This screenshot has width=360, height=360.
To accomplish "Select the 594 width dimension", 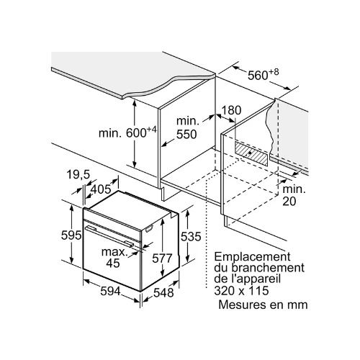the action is click(110, 292).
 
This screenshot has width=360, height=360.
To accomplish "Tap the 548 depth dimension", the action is click(163, 293).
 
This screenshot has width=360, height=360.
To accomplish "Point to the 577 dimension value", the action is click(162, 258).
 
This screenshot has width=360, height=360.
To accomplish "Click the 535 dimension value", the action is click(191, 237).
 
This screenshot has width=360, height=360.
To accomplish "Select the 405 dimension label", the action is click(102, 189).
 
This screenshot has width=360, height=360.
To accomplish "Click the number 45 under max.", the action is click(113, 263).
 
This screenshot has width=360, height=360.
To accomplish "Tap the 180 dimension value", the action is click(231, 110).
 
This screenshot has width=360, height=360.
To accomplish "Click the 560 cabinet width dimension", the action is click(258, 76).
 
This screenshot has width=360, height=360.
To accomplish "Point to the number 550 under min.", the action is click(186, 135).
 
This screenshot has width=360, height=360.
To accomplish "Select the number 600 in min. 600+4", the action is click(136, 133).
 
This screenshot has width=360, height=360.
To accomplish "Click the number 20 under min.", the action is click(289, 201).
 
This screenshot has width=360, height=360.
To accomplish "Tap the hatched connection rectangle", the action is click(251, 153).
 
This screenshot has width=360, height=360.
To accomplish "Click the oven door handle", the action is click(109, 235).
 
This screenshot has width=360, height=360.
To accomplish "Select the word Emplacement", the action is click(252, 256).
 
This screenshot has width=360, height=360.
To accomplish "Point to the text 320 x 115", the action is click(241, 291).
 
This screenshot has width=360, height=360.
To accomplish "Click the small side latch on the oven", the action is click(149, 229).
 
